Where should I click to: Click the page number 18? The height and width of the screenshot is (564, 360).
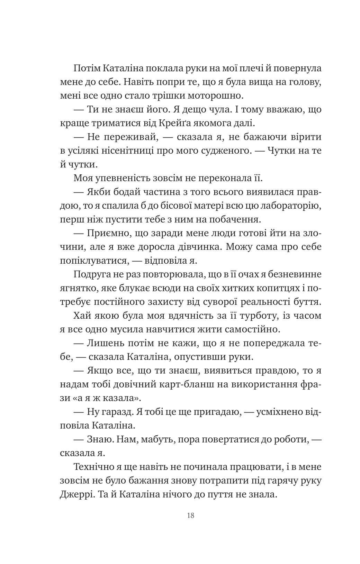(x=190, y=515)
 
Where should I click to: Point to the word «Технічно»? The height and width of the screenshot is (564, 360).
(x=94, y=467)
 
